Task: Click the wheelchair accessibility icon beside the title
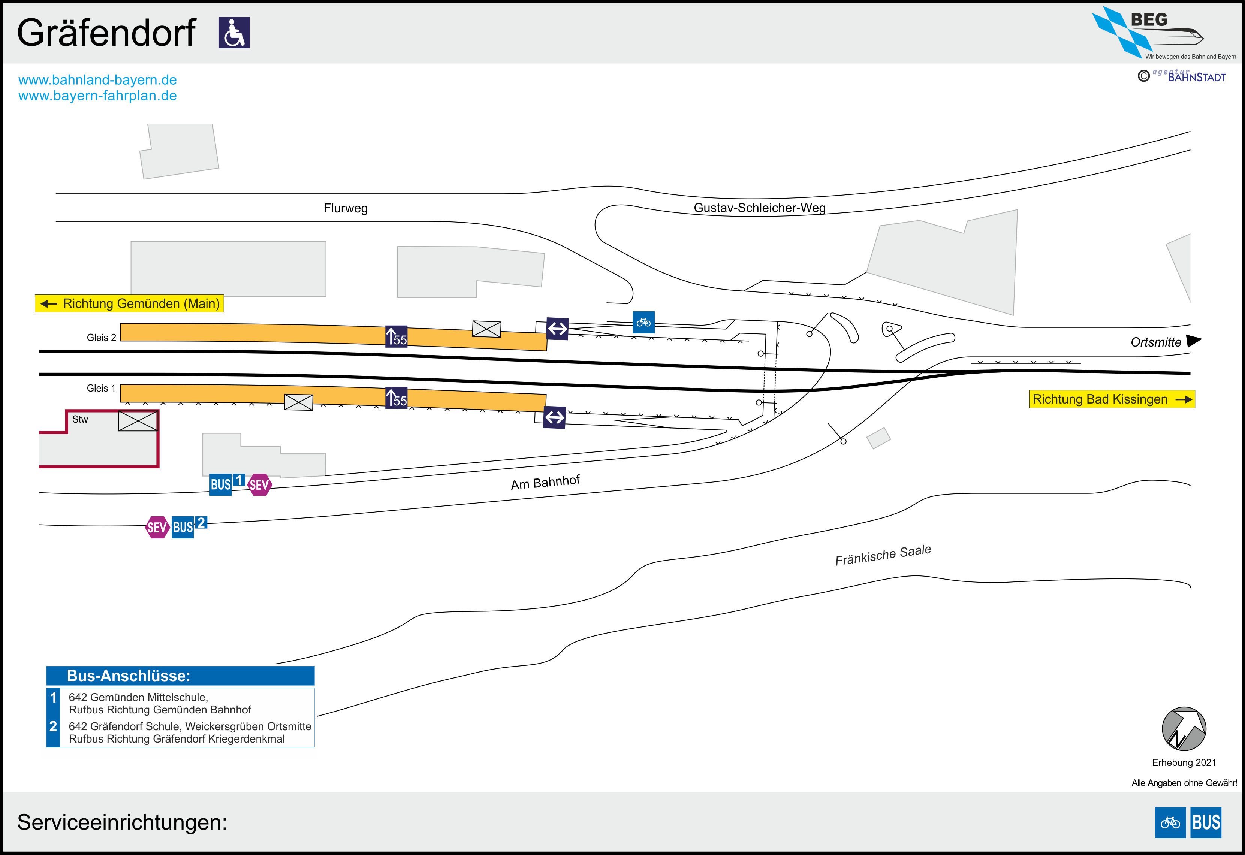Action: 234,33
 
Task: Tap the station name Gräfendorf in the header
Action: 106,33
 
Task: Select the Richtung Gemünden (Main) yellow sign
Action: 129,303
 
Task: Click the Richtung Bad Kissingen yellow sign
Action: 1112,399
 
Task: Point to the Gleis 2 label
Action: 101,338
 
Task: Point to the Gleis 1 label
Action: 101,388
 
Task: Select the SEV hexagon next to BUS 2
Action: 157,527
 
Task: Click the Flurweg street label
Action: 346,208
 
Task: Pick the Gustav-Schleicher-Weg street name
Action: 760,208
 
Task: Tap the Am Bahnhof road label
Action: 545,482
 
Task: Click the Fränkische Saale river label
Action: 883,555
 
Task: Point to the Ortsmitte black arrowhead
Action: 1194,341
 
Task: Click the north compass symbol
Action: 1184,729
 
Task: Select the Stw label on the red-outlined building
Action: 80,420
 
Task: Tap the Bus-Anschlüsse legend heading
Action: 129,676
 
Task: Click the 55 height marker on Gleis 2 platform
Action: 397,336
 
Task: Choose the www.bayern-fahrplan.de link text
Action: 97,96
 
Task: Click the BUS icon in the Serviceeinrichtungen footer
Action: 1206,822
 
